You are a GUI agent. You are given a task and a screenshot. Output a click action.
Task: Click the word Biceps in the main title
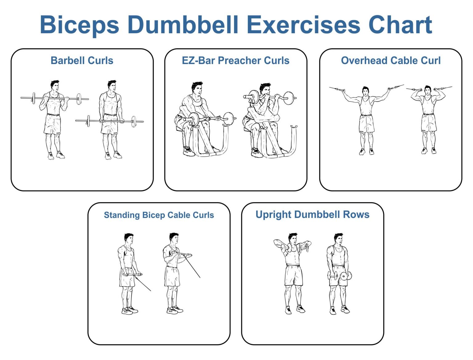point(79,25)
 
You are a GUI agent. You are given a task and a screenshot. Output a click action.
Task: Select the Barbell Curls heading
point(82,61)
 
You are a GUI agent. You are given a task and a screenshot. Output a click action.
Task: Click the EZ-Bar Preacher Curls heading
point(236,61)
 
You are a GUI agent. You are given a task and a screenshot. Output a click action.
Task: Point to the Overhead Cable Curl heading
point(390,61)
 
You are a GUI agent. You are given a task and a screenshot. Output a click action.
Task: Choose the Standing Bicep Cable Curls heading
point(159,215)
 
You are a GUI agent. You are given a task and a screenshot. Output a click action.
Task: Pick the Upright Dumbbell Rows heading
point(312,214)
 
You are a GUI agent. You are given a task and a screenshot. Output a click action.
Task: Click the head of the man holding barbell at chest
point(55,86)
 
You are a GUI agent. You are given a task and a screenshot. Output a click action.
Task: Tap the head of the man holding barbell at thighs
point(112,86)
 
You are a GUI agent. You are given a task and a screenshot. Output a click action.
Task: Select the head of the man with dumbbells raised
point(293,239)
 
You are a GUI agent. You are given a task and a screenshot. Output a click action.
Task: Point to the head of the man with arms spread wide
point(366,91)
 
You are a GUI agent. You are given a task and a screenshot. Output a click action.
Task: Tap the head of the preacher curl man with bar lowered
point(197,88)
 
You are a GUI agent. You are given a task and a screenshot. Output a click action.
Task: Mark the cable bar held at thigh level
point(132,274)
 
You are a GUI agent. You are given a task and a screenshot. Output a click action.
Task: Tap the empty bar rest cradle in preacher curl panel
point(294,127)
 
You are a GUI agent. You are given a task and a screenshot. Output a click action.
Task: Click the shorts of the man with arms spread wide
point(366,123)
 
